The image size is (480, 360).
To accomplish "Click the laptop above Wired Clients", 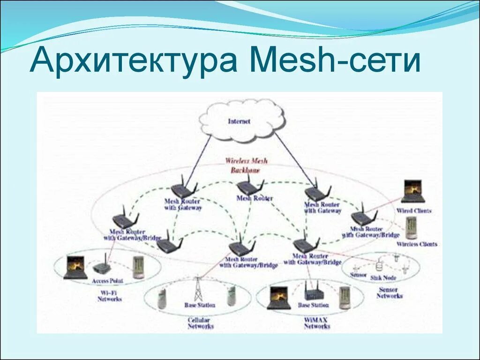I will (x=413, y=192).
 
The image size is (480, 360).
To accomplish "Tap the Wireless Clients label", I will (x=416, y=244).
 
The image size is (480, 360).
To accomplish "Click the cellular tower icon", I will (x=198, y=289).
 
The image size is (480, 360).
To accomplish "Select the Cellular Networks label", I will (x=200, y=323).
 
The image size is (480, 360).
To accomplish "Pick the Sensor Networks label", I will (x=389, y=293).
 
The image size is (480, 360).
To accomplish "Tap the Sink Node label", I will (x=383, y=278).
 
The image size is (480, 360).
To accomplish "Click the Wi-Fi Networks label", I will (x=109, y=296).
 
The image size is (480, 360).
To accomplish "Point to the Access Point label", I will (x=107, y=281).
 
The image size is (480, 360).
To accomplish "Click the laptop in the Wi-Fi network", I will (x=75, y=267).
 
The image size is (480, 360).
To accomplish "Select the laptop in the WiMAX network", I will (x=279, y=298).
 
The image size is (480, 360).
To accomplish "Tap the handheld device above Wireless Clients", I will (x=411, y=228).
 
